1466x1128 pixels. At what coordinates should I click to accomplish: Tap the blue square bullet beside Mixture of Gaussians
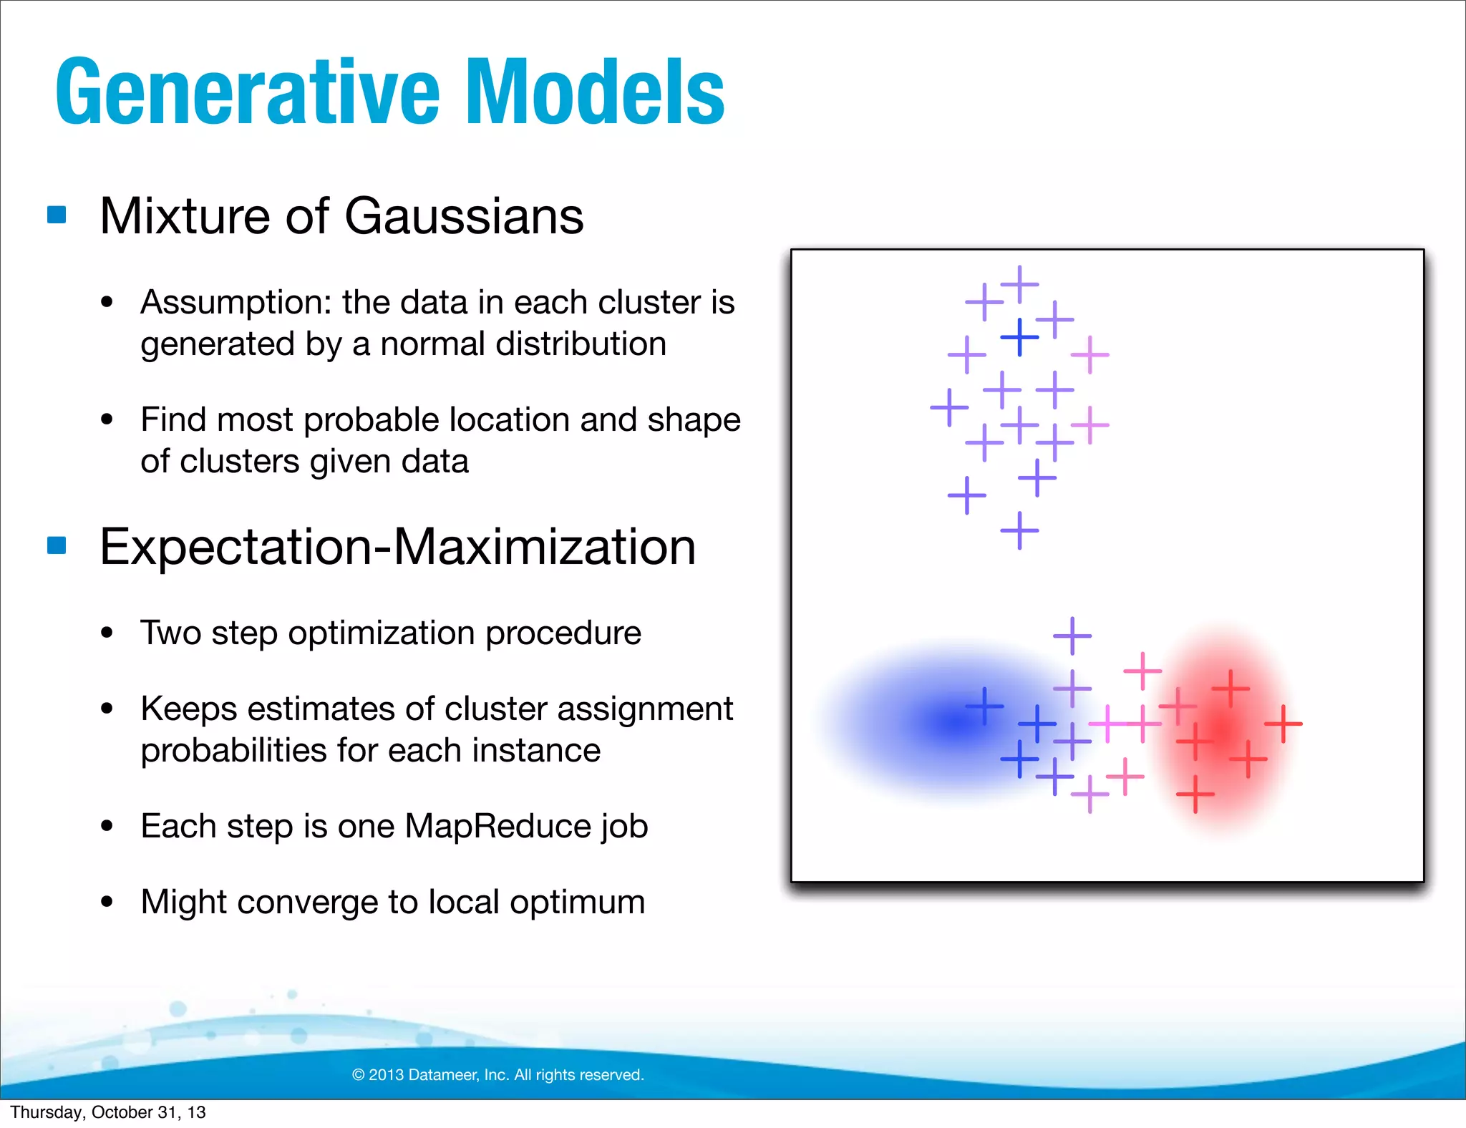tap(57, 215)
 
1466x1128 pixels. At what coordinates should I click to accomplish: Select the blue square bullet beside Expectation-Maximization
tap(57, 545)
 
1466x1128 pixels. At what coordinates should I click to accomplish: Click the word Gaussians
tap(464, 216)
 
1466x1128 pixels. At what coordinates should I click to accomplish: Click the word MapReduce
tap(497, 826)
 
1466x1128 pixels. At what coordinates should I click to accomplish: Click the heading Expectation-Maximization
tap(397, 547)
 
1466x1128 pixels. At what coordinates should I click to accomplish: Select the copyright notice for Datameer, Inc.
tap(498, 1074)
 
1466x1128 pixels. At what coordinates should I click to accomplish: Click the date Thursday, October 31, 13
tap(107, 1112)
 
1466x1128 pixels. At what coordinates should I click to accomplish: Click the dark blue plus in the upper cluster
tap(1019, 337)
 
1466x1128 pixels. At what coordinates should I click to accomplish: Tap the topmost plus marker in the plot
tap(1019, 284)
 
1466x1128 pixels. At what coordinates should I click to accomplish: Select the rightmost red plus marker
tap(1283, 724)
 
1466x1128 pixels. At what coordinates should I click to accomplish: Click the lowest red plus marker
tap(1195, 794)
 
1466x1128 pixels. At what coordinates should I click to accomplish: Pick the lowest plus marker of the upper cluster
tap(1019, 530)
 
